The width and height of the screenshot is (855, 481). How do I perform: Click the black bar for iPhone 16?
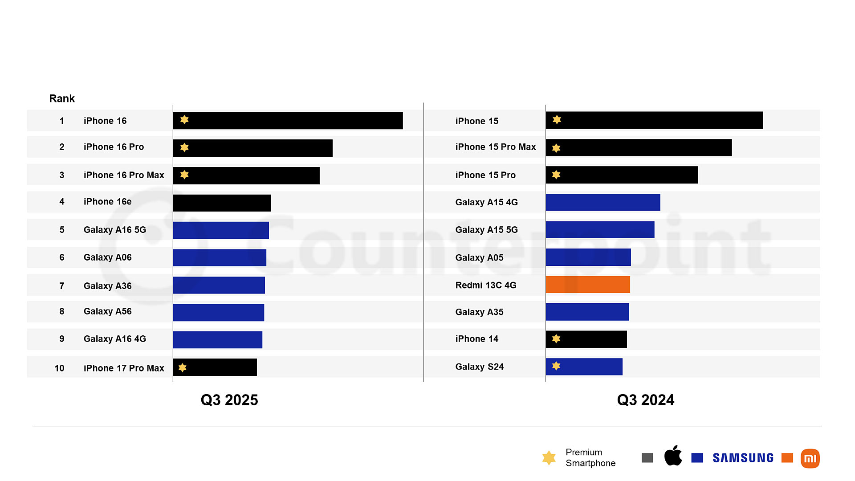[288, 121]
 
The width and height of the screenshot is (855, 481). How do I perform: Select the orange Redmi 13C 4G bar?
[588, 285]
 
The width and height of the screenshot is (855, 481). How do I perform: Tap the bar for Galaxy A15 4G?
[603, 202]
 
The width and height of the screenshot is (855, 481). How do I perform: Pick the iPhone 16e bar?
[222, 203]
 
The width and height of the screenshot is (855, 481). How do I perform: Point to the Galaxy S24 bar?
[584, 367]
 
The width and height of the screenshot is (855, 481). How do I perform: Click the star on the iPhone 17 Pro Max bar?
[183, 367]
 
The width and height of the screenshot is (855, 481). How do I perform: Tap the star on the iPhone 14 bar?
[556, 339]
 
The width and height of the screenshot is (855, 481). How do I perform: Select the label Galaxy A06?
[107, 257]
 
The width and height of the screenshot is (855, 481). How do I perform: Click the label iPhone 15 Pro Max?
[495, 147]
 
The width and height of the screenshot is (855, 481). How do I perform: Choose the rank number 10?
[59, 368]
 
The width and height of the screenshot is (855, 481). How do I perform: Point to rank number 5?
[62, 230]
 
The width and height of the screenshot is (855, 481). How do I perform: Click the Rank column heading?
[62, 98]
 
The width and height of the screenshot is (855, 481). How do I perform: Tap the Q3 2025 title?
[229, 400]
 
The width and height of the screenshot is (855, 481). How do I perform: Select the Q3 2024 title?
[645, 400]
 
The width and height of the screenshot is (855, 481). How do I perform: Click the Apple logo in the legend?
[673, 456]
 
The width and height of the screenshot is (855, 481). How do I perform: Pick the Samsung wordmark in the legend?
[743, 458]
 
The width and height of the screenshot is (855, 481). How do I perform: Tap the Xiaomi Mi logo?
[810, 458]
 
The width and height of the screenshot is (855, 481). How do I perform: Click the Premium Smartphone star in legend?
[549, 457]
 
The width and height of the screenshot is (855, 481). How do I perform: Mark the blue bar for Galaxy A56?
[218, 312]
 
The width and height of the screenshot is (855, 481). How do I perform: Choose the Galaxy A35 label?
[479, 312]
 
